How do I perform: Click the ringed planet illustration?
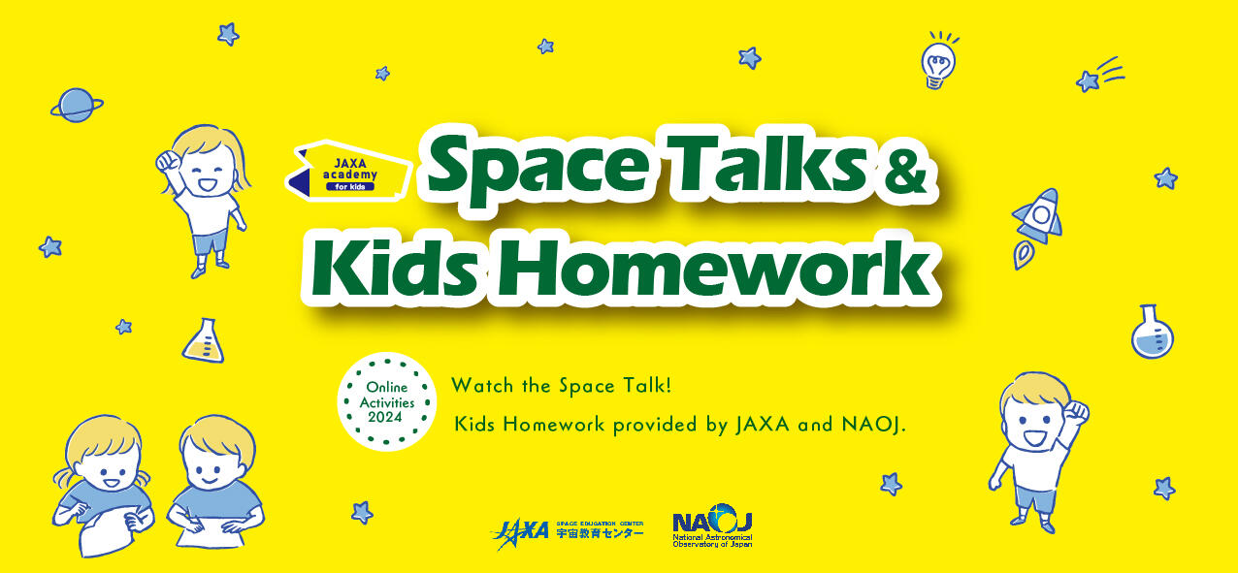click(x=77, y=105)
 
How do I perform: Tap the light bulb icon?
click(x=938, y=61)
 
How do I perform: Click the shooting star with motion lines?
click(x=1099, y=75)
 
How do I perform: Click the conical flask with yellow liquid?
click(x=204, y=341)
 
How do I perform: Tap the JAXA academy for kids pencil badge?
click(x=348, y=171)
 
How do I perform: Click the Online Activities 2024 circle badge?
click(x=387, y=401)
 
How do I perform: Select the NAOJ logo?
click(x=712, y=525)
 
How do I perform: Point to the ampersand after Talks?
click(x=902, y=173)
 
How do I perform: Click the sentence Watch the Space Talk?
click(x=562, y=385)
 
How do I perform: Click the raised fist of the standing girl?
click(x=166, y=161)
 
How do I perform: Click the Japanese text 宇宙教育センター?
click(x=600, y=533)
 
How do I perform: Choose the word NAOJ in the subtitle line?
click(x=873, y=425)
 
